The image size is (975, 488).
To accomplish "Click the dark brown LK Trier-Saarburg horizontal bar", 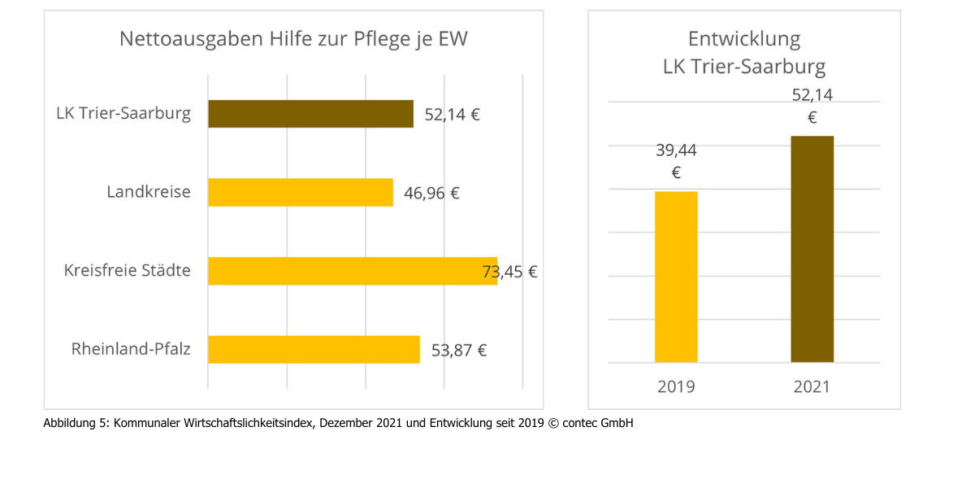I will tap(310, 114).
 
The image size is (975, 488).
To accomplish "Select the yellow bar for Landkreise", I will tap(301, 193).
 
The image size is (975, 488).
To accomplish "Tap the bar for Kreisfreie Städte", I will tap(352, 271).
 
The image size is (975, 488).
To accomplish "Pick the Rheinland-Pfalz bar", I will tap(314, 350).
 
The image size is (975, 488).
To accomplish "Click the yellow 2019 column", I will tap(676, 277).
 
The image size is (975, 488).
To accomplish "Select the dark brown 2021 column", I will tap(812, 249).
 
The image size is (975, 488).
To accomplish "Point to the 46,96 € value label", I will tap(431, 194).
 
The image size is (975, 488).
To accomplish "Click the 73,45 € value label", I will tap(510, 272).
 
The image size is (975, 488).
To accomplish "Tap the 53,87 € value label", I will tap(458, 351).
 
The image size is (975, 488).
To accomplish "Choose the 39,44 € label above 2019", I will tap(676, 161).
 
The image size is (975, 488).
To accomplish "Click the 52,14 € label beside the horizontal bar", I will tap(452, 115).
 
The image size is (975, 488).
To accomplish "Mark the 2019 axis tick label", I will tap(676, 386).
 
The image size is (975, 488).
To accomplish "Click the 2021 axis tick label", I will tap(812, 386).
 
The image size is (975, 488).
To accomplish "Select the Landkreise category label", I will tap(149, 193).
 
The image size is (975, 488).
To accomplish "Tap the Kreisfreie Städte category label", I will tap(128, 271).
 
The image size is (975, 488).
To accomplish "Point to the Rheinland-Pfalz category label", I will tap(131, 350).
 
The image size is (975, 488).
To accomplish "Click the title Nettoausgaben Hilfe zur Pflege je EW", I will tap(293, 39).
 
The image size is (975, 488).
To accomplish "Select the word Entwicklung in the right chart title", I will tap(743, 39).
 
